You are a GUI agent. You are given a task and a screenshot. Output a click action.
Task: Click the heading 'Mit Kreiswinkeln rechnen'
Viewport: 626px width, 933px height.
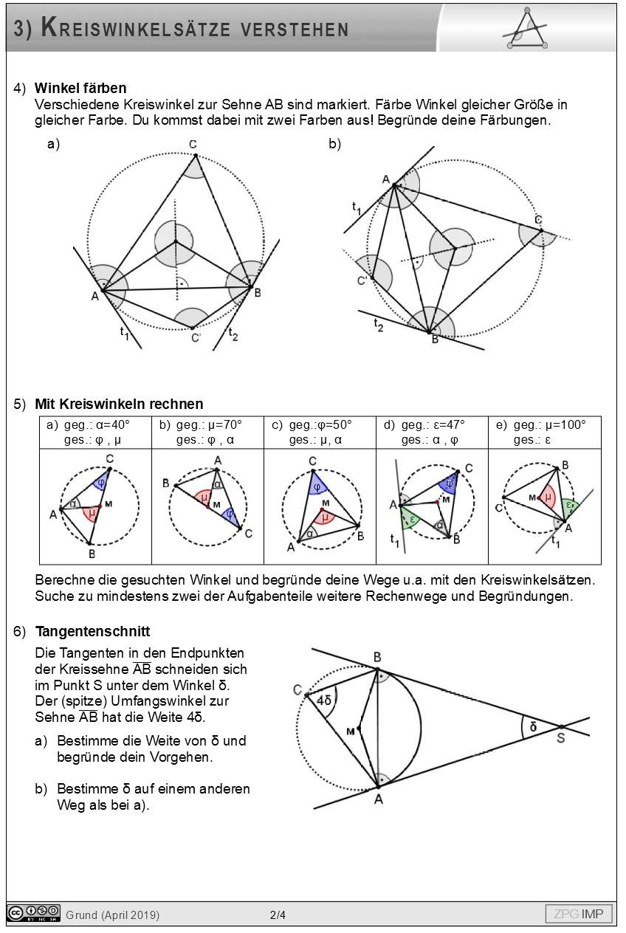(x=119, y=404)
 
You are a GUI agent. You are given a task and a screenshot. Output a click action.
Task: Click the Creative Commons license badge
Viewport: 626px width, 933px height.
(x=33, y=914)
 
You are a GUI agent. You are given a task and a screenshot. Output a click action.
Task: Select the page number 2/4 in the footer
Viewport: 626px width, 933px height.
(x=278, y=915)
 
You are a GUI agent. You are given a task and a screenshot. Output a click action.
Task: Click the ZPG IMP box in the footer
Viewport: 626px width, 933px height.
(x=579, y=915)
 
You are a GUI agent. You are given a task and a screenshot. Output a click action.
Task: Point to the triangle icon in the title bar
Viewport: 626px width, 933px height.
(x=526, y=30)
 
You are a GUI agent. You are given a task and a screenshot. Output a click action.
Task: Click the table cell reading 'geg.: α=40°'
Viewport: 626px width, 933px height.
(x=95, y=433)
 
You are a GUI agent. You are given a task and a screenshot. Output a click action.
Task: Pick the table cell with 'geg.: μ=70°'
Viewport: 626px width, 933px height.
(x=207, y=433)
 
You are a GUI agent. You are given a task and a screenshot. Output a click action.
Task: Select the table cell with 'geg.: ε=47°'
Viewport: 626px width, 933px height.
(x=432, y=433)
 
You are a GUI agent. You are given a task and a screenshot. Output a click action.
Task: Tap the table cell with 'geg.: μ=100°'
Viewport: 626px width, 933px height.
(x=545, y=433)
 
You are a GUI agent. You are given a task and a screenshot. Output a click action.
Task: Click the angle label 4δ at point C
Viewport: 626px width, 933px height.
(x=323, y=700)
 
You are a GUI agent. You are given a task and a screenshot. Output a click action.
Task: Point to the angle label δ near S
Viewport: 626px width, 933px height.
(x=532, y=726)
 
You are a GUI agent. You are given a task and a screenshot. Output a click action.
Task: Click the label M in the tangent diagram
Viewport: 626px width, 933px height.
(x=350, y=730)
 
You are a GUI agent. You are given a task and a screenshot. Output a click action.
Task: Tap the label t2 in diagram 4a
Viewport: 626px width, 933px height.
(x=233, y=334)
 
